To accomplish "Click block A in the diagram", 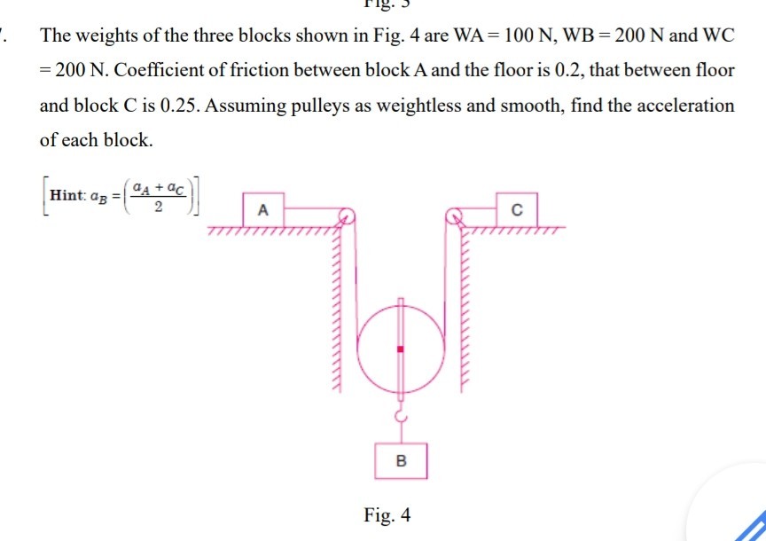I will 262,210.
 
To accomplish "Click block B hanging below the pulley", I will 401,460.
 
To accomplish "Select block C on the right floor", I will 517,209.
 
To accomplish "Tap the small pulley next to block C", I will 455,216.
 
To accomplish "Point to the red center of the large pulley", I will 401,349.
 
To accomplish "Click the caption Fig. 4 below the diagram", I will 387,514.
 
